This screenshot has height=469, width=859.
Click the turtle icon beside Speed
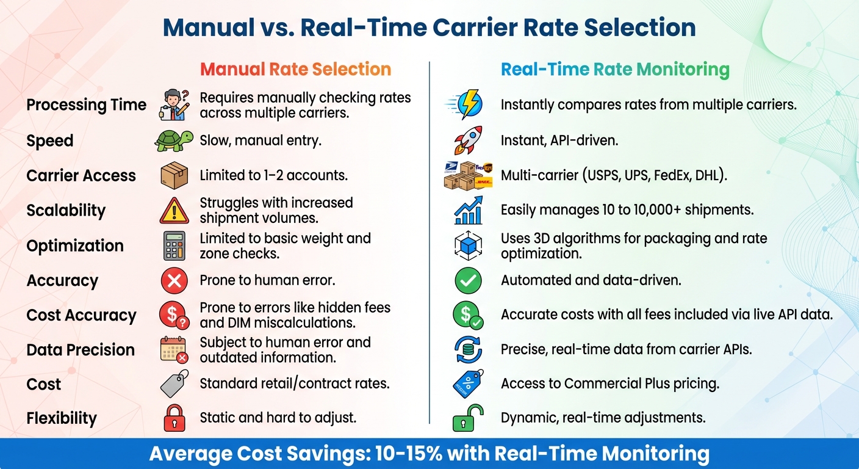click(x=174, y=140)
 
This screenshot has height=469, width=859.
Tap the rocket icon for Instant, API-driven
click(x=468, y=140)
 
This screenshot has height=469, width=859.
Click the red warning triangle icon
click(x=174, y=211)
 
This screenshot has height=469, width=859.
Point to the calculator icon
click(x=174, y=245)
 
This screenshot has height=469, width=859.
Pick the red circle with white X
click(x=174, y=281)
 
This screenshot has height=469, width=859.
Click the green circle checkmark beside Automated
click(x=468, y=281)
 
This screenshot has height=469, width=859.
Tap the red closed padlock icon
click(x=174, y=418)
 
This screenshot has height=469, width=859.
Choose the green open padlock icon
click(x=468, y=418)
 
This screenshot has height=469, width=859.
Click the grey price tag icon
click(x=174, y=384)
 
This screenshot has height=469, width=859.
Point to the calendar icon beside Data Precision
click(x=174, y=350)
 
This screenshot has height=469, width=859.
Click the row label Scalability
click(x=66, y=211)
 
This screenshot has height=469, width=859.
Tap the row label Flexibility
click(x=62, y=418)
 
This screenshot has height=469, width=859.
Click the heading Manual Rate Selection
click(x=295, y=70)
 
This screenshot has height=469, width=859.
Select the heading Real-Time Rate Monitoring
click(x=615, y=70)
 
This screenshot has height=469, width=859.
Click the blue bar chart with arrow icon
click(x=468, y=210)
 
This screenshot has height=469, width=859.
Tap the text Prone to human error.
click(x=267, y=280)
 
